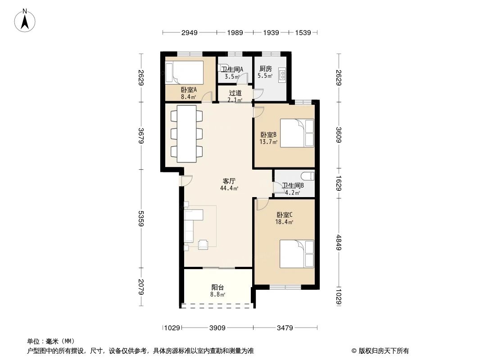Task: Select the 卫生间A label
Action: coord(232,69)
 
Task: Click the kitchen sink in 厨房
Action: coord(282,75)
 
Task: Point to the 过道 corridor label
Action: coord(230,93)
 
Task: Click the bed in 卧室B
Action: coord(297,133)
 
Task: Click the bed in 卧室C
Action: coord(296,253)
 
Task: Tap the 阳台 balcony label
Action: coord(218,288)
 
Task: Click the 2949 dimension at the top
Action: coord(190,32)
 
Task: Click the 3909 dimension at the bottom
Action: coord(217,328)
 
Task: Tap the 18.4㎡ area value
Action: coord(285,222)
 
